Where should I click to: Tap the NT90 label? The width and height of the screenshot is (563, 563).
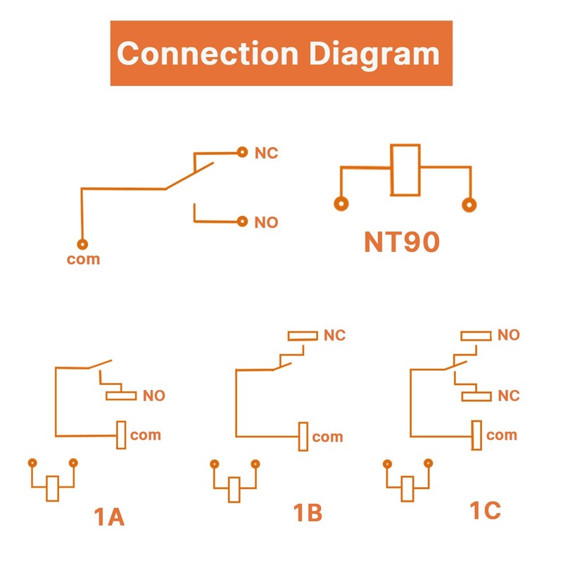pos(402,242)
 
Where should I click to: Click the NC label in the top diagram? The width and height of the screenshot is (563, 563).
pos(266,153)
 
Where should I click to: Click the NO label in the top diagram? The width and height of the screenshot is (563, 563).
pos(266,223)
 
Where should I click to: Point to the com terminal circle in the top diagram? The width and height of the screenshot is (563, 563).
pos(82,244)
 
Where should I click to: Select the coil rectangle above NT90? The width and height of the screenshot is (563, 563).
pos(406,170)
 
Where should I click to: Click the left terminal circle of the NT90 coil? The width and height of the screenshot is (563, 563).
pos(341,205)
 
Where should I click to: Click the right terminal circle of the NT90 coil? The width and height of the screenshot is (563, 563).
pos(467,205)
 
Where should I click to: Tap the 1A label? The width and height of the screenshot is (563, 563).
pos(109,517)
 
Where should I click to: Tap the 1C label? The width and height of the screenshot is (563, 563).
pos(485,510)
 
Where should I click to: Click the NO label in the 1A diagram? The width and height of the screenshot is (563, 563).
pos(153,396)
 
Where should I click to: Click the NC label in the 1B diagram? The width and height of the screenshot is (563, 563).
pos(334,336)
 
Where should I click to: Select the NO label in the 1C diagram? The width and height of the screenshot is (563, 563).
pos(508,335)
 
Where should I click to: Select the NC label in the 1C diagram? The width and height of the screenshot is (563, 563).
pos(508,396)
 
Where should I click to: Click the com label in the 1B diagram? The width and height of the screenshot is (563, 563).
pos(327,437)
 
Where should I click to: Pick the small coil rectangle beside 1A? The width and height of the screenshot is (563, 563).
pos(52,488)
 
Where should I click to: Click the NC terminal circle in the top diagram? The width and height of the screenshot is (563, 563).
pos(242,151)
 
